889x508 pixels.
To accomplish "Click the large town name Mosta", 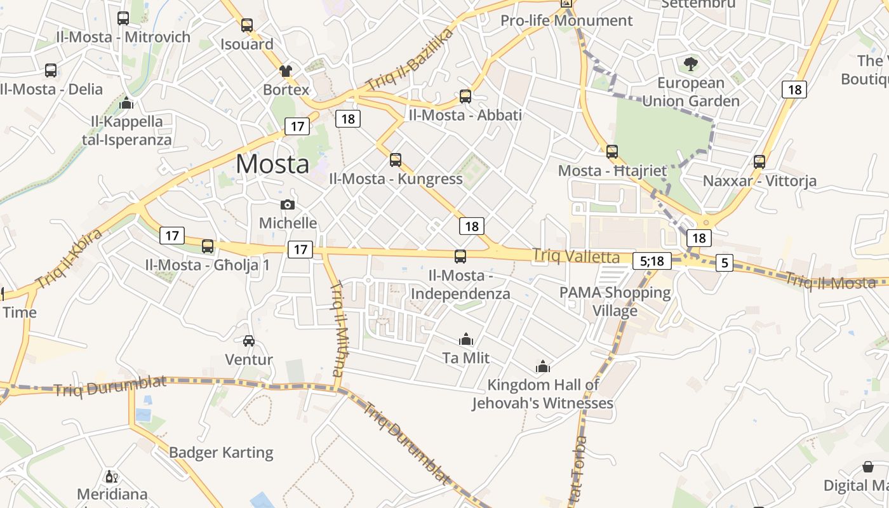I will click(x=272, y=164).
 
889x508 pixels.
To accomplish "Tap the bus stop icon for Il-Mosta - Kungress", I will click(x=396, y=160).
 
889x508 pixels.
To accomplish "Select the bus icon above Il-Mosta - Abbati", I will click(x=465, y=97).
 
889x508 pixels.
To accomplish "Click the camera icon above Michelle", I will click(x=288, y=204).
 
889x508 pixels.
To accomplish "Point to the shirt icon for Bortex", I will click(x=286, y=70).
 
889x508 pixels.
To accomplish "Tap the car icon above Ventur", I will click(x=249, y=341).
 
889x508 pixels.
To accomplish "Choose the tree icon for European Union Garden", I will click(x=691, y=64).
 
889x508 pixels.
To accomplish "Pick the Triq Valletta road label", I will click(x=576, y=256).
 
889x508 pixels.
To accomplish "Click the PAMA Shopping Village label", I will click(x=615, y=302).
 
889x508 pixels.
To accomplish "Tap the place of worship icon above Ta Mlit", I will click(x=466, y=340).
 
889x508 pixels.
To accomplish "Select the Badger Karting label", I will click(x=221, y=453).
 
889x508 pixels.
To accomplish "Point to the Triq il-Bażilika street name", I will click(x=410, y=59).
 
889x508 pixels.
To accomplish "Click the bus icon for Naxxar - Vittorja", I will click(x=759, y=162).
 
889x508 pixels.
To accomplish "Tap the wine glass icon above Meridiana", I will click(x=112, y=476).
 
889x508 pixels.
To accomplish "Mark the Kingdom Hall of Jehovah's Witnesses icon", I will click(x=542, y=366).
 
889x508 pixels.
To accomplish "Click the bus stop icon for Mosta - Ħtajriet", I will click(x=612, y=152).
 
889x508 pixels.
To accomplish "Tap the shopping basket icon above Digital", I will click(x=867, y=467).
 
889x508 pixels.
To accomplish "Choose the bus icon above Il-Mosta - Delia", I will click(x=51, y=70).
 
